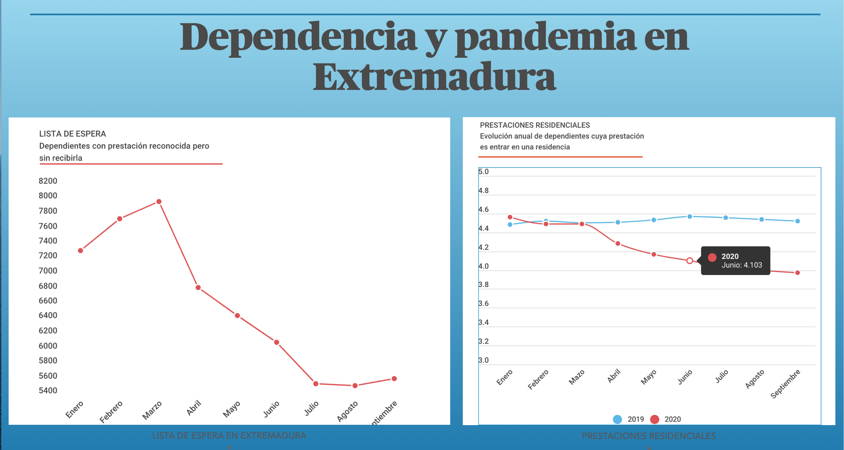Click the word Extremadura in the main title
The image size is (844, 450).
click(434, 77)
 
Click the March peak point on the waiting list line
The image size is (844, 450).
click(159, 201)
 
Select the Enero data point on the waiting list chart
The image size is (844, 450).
click(81, 251)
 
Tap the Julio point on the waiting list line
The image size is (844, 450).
click(316, 384)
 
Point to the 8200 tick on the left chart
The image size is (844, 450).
click(48, 181)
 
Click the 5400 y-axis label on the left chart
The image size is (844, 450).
click(48, 390)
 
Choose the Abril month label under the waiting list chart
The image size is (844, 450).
click(194, 408)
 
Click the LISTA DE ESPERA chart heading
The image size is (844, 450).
click(73, 134)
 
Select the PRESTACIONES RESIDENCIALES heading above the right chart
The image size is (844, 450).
click(535, 125)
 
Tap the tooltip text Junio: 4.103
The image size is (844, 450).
click(741, 265)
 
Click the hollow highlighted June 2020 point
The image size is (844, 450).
click(690, 261)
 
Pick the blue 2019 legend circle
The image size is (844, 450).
click(617, 419)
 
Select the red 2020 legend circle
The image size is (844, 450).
click(655, 419)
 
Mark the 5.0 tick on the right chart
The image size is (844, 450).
click(483, 172)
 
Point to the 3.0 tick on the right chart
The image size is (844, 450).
click(483, 360)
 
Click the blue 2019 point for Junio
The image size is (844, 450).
click(690, 216)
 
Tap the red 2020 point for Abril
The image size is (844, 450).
click(618, 244)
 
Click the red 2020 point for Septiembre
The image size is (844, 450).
click(798, 273)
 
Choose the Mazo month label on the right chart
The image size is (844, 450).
click(577, 377)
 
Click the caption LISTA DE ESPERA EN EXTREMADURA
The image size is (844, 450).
click(229, 436)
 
